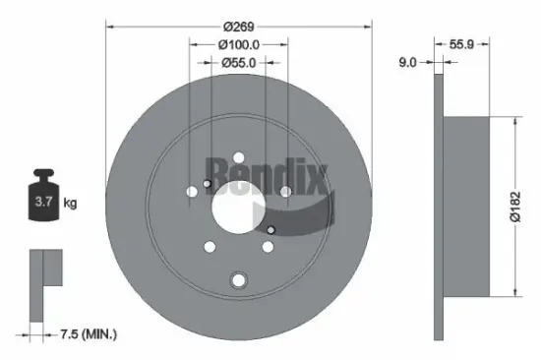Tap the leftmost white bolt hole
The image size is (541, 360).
pos(192,192)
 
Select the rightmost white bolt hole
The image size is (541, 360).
pos(285,192)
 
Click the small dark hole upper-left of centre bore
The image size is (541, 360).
pos(207,183)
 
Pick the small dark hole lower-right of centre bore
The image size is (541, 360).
pos(271,230)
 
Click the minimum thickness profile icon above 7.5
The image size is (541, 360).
pos(44,280)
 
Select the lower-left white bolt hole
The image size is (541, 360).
pos(210,249)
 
